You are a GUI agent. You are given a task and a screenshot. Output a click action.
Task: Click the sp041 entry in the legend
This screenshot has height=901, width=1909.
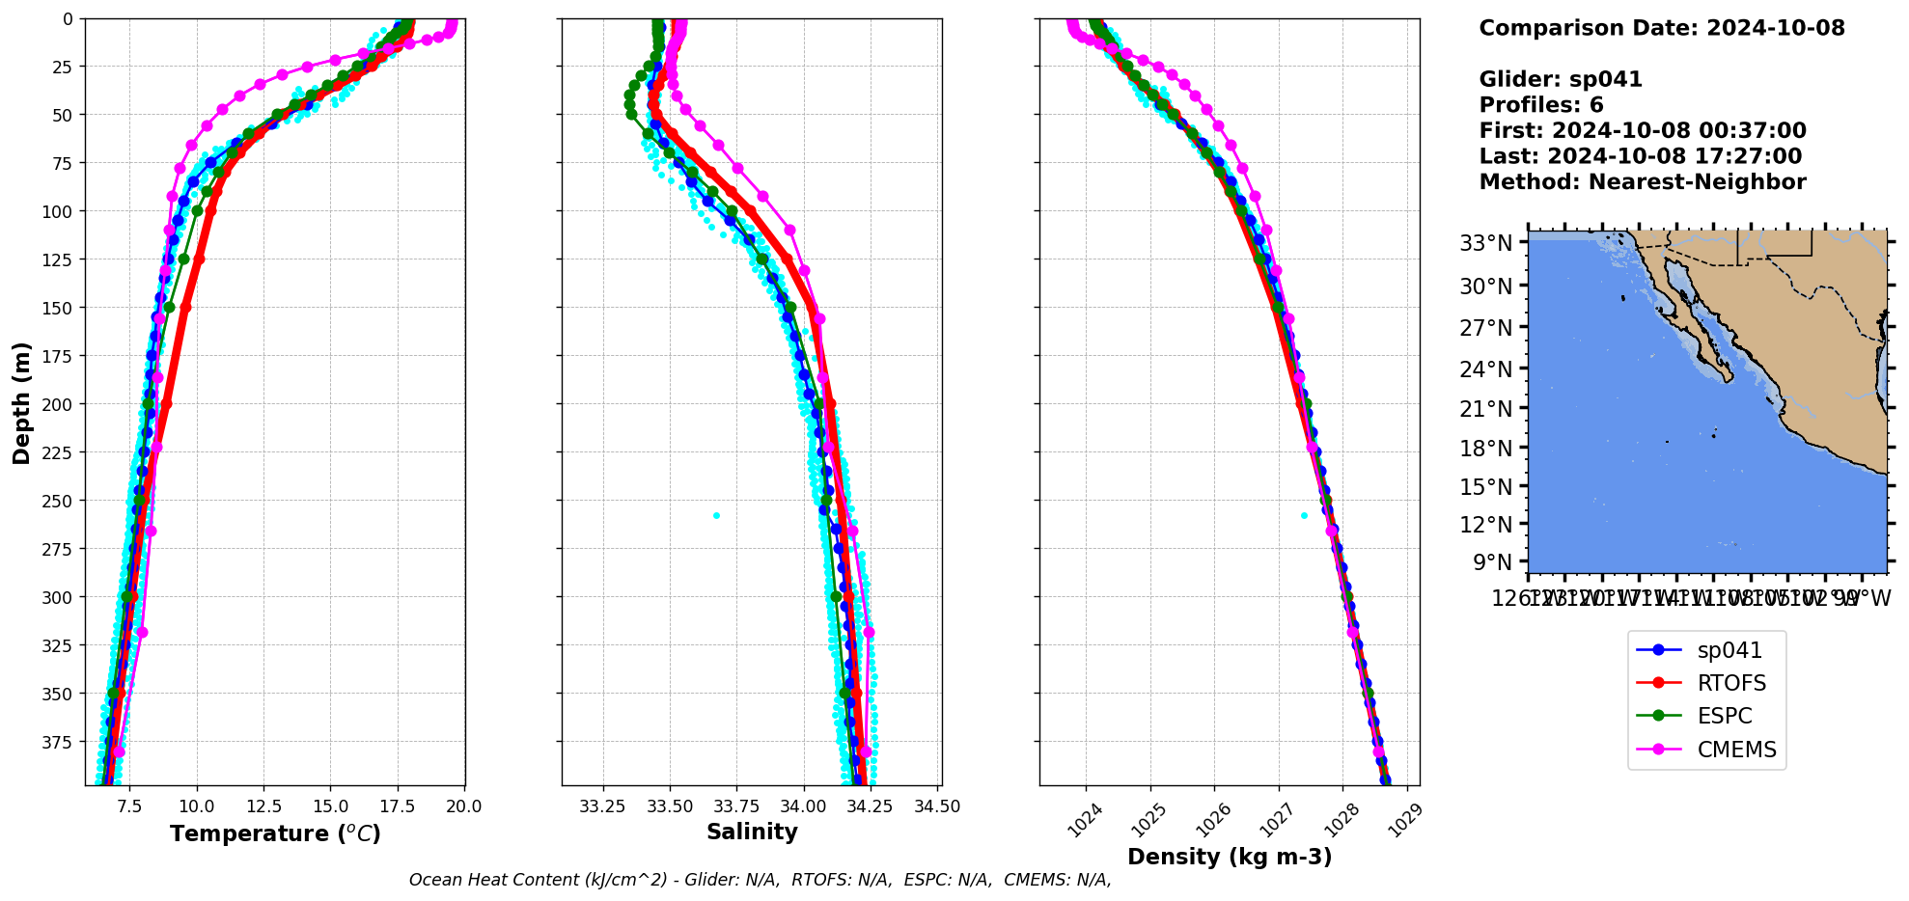pos(1729,650)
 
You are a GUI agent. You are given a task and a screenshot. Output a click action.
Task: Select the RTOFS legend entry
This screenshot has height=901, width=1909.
pos(1730,683)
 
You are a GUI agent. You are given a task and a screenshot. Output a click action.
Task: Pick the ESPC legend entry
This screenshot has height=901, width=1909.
pos(1724,716)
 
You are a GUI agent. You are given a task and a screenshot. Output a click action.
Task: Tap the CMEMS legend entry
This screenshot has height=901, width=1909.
pos(1736,750)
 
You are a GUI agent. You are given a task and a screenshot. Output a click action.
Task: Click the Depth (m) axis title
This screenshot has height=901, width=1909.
pos(22,402)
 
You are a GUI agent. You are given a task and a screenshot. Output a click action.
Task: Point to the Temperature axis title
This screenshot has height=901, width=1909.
pos(275,833)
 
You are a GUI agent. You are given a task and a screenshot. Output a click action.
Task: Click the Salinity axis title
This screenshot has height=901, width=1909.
pos(752,832)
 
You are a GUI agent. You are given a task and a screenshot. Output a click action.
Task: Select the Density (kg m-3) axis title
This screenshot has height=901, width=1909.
pos(1229,857)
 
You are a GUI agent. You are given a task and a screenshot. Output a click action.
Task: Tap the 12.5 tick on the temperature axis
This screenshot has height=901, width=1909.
pos(263,805)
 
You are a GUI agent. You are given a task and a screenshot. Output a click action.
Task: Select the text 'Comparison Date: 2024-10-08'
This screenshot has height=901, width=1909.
pos(1661,28)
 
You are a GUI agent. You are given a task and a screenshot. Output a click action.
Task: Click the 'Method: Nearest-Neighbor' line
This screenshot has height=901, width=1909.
pos(1642,182)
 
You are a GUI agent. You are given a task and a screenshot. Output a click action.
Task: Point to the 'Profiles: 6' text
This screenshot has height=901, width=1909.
pos(1540,105)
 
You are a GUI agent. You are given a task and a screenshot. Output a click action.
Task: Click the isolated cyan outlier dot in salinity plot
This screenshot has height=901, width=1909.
pos(716,515)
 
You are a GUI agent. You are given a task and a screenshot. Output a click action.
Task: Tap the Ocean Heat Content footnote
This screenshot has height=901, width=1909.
pos(760,880)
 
